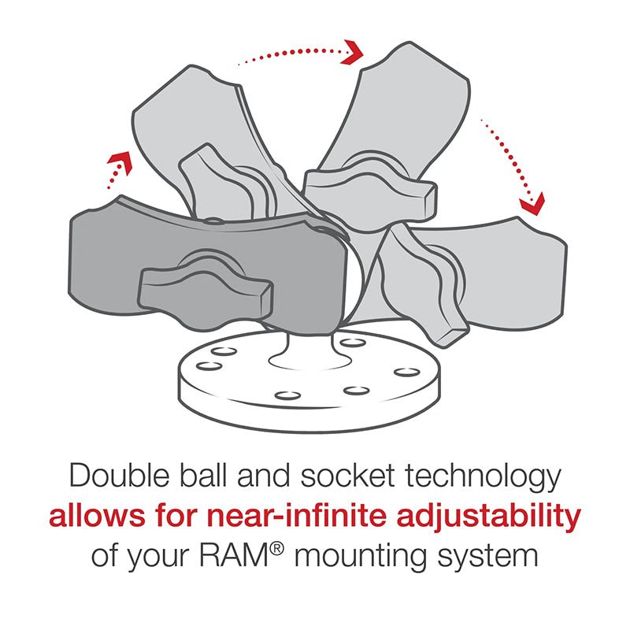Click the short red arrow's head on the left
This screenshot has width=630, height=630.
pos(118,163)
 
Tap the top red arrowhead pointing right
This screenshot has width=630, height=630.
pos(354,52)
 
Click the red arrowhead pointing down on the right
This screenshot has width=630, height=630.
pos(532,204)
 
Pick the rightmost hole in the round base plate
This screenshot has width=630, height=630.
pos(406,371)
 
